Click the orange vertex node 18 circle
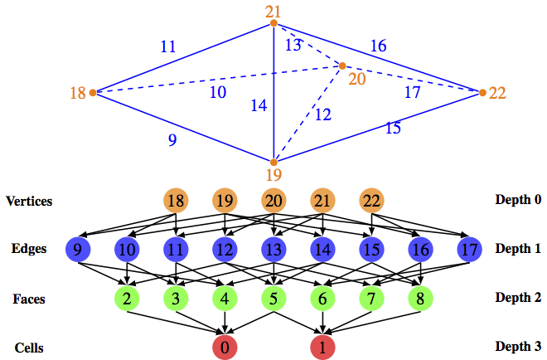click(x=176, y=202)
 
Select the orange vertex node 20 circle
click(x=273, y=202)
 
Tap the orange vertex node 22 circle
click(x=371, y=202)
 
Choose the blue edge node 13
click(x=273, y=248)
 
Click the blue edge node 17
click(x=469, y=248)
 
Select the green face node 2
click(x=127, y=297)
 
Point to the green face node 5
click(x=273, y=297)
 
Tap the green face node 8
click(x=420, y=297)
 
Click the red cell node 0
click(x=225, y=346)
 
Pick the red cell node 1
click(x=322, y=346)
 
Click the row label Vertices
click(x=29, y=202)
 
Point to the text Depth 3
click(x=519, y=346)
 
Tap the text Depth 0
click(x=519, y=202)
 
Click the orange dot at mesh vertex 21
click(x=273, y=24)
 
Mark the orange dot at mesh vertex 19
click(x=274, y=161)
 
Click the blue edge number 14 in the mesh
click(x=259, y=105)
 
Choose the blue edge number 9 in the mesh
click(x=172, y=140)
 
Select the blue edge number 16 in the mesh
click(x=378, y=46)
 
